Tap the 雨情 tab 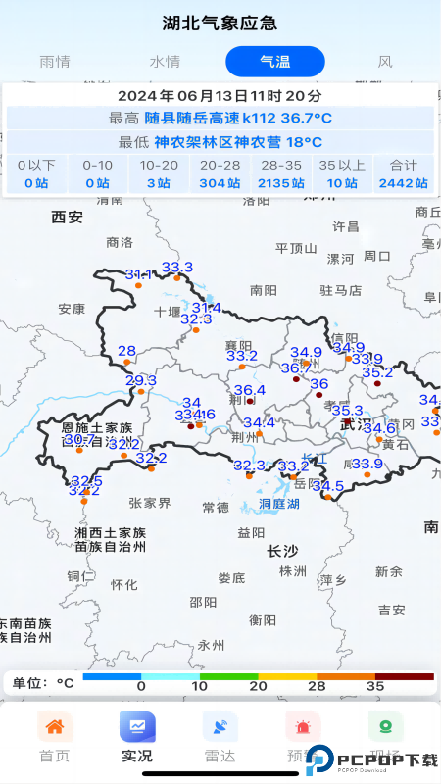(x=55, y=61)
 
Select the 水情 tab (x=165, y=61)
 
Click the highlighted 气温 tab (x=274, y=61)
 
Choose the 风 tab (x=385, y=61)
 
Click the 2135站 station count (x=280, y=182)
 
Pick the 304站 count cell (x=220, y=182)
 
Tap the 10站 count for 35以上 (x=342, y=182)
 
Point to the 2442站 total (x=403, y=182)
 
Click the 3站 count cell (x=159, y=182)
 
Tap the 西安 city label (x=68, y=217)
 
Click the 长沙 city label (x=282, y=552)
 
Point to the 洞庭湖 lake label (x=278, y=504)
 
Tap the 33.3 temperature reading (x=177, y=268)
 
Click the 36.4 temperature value (x=249, y=390)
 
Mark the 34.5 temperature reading (x=327, y=486)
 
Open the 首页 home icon (x=55, y=727)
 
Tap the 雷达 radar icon (x=220, y=727)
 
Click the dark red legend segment (x=404, y=676)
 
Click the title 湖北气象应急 (x=220, y=23)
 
